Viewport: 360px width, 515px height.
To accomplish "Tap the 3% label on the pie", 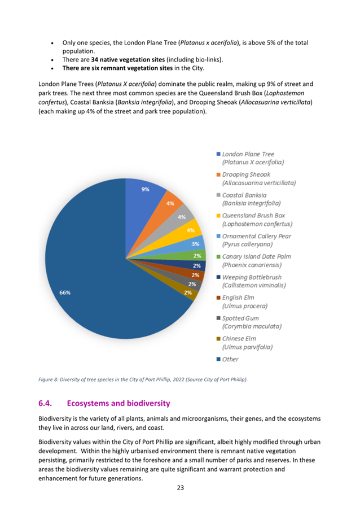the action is [x=195, y=244].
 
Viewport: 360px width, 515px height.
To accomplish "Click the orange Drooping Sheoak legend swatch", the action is [x=218, y=174].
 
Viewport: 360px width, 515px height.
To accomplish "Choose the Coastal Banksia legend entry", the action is [x=251, y=199].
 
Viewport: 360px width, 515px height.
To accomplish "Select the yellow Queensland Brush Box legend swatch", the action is [x=218, y=216].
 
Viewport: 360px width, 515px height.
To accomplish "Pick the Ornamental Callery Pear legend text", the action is [x=257, y=240].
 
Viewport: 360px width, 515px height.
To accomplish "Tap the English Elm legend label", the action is [x=245, y=302].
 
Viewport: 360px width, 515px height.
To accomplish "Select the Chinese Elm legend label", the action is [x=247, y=343].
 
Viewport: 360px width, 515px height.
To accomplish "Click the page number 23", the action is [x=181, y=488].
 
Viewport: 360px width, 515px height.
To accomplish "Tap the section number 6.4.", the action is [x=45, y=403].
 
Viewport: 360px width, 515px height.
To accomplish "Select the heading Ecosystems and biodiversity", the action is [x=118, y=403].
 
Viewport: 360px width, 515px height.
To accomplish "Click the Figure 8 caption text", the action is [x=143, y=379].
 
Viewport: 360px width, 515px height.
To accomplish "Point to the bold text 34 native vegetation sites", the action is [x=128, y=59].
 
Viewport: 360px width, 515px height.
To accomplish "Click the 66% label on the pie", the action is [x=65, y=293].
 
